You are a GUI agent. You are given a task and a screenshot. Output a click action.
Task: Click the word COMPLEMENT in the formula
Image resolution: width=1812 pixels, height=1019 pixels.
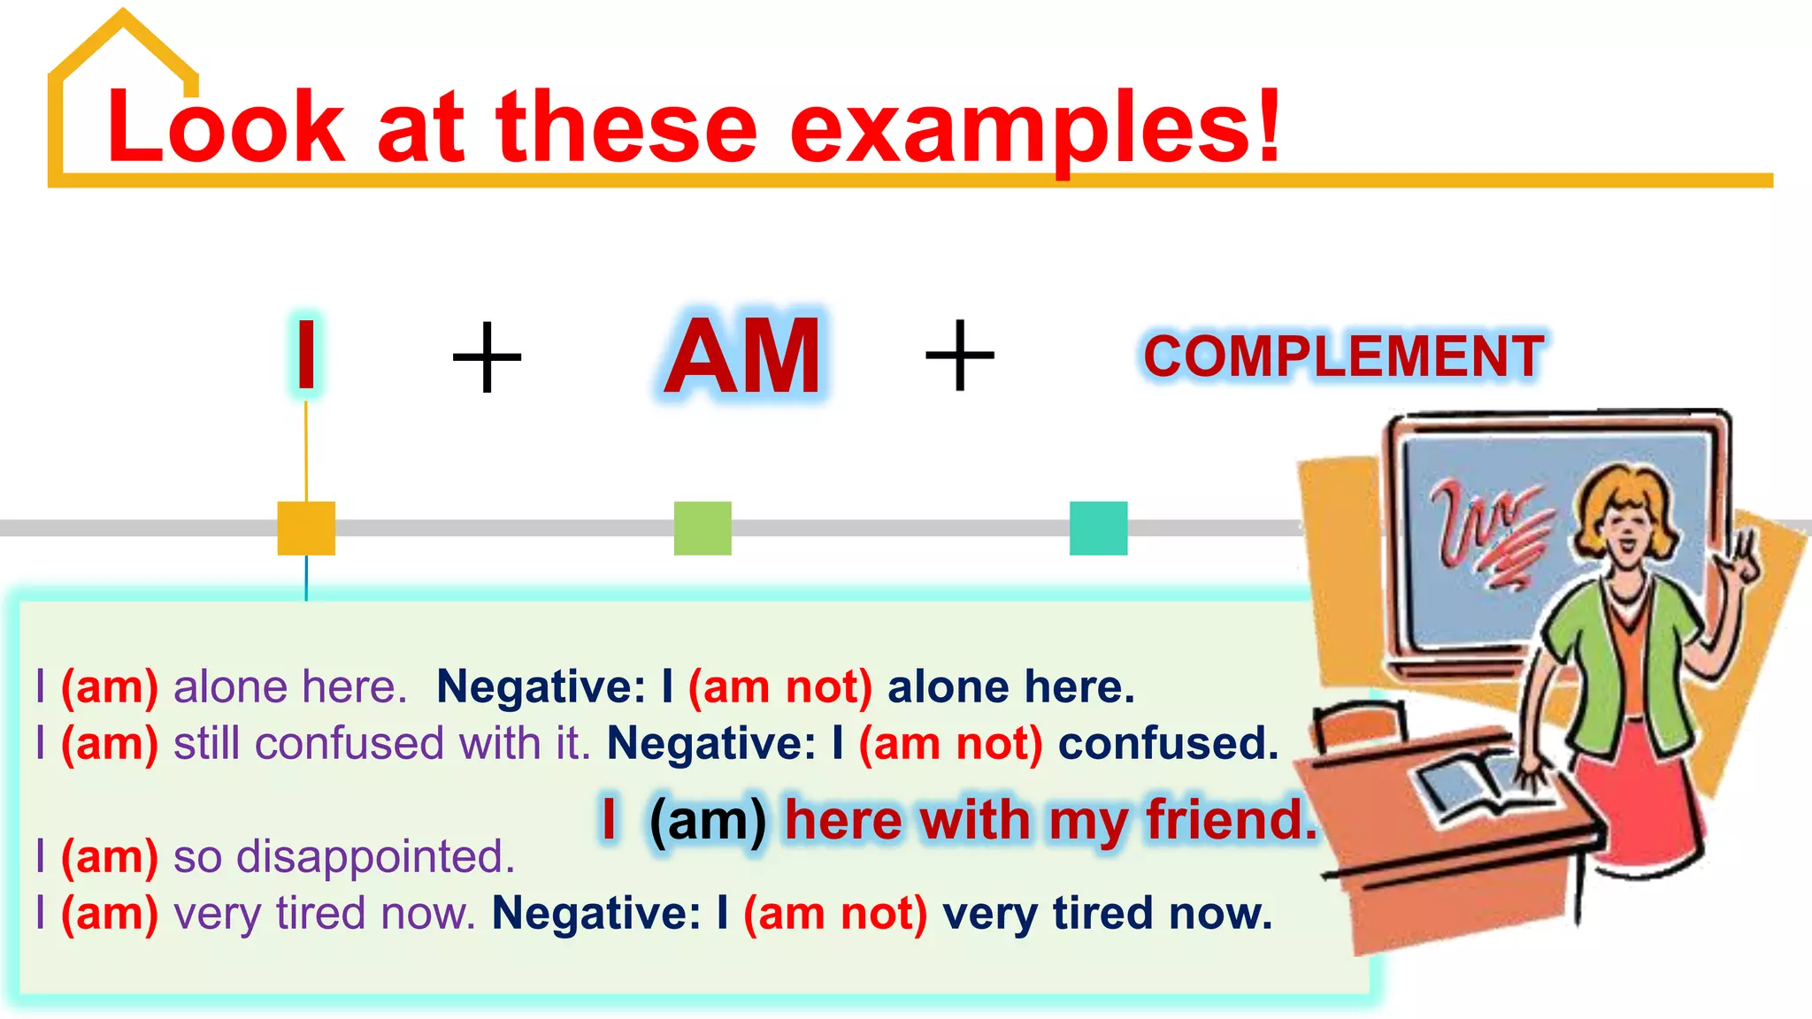1343,356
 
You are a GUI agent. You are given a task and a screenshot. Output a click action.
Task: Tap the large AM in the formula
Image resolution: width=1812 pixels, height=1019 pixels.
743,356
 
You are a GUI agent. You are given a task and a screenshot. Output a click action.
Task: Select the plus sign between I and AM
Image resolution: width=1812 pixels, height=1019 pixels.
487,356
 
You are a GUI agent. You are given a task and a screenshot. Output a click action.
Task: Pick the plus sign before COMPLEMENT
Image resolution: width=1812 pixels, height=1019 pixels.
960,356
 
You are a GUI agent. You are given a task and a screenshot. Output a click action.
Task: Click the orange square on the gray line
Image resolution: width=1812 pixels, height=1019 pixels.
306,528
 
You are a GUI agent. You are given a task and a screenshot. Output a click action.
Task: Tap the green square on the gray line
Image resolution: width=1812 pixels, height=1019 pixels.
703,528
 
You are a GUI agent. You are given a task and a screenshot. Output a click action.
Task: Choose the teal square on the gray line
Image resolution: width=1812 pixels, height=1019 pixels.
1098,528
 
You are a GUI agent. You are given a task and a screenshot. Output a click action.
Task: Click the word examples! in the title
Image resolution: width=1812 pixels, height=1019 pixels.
1035,128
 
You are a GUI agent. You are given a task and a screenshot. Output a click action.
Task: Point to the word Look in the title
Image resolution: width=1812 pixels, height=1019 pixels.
226,128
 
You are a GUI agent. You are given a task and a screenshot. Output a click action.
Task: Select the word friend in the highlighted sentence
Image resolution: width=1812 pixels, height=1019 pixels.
1231,820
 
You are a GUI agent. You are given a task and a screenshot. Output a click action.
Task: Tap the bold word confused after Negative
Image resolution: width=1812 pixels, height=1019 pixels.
1168,744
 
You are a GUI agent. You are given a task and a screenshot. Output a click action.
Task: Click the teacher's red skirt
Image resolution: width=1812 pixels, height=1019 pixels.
1646,796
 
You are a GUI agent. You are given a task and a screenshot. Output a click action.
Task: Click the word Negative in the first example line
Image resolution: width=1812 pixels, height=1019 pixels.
541,687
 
